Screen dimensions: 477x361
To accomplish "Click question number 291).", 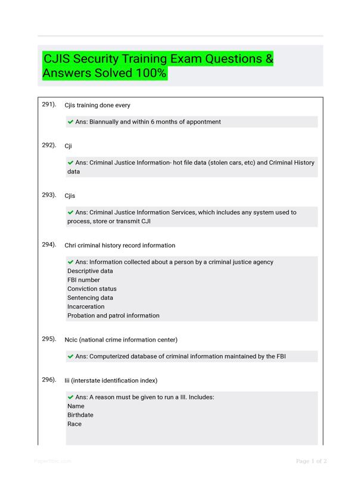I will point(49,104).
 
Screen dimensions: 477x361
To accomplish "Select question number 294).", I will point(49,244).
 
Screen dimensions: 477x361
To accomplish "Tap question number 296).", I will point(49,380).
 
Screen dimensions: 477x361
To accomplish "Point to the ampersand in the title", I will point(269,60).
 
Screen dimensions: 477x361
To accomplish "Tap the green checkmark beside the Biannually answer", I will point(71,122).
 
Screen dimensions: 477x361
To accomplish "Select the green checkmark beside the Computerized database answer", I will point(71,357).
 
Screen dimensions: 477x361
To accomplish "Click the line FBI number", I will point(83,280).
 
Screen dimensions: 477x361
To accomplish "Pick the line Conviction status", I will point(92,289).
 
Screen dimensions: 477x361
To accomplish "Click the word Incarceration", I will point(86,306).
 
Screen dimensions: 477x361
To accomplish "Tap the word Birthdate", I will point(80,415).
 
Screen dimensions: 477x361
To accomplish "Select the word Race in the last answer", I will point(74,424).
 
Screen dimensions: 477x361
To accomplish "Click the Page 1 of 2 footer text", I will point(311,461).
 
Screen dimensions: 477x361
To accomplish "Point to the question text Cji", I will point(69,145).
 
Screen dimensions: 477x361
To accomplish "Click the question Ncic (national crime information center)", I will point(121,340).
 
